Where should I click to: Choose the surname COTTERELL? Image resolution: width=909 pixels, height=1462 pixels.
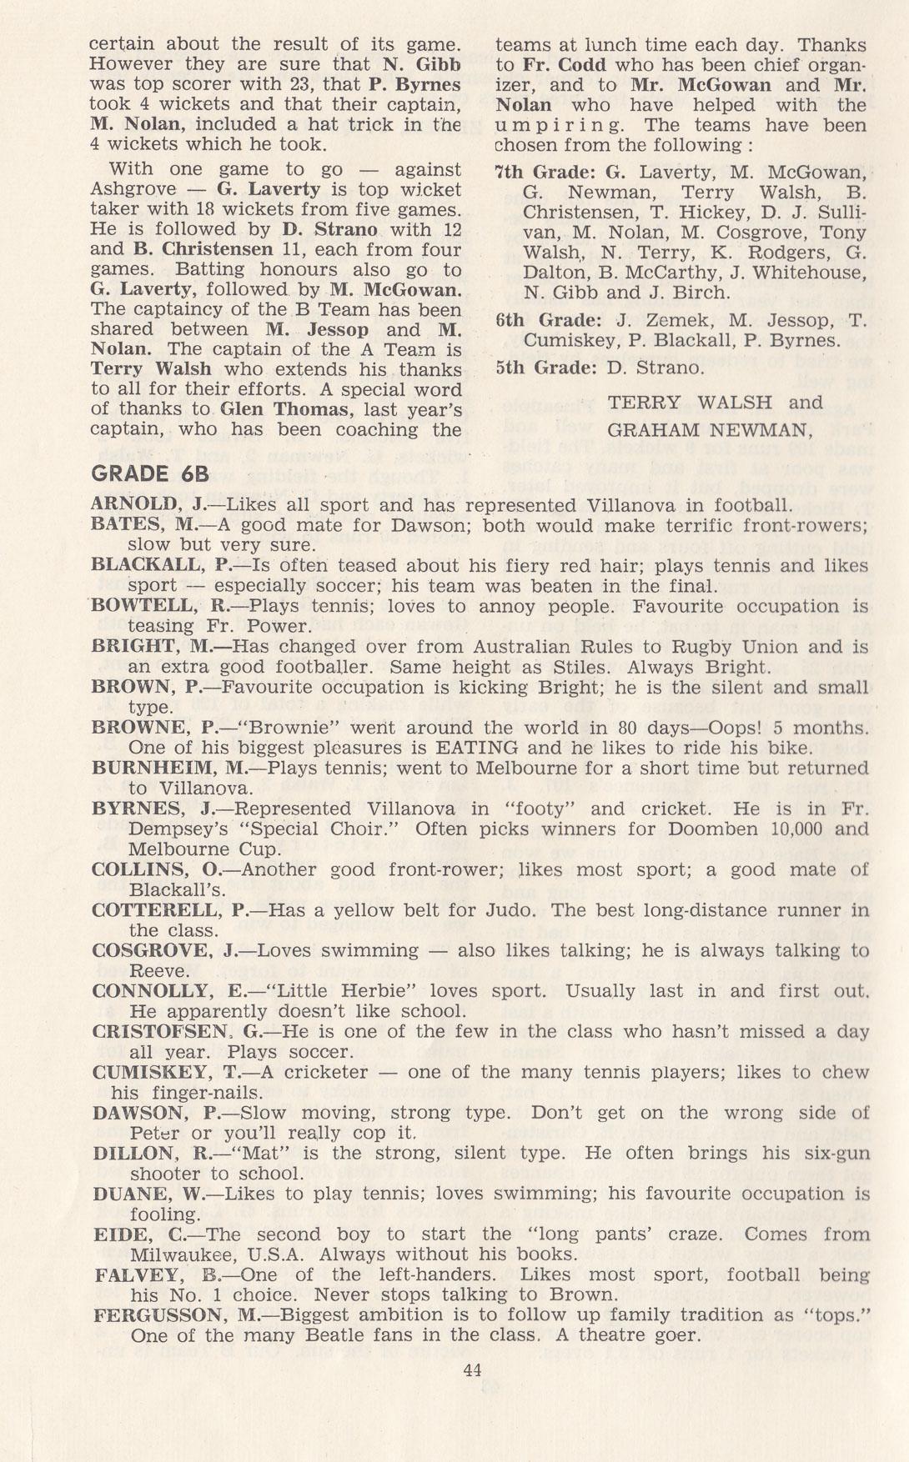click(158, 910)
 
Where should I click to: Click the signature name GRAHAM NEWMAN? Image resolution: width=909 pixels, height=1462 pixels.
click(710, 430)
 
